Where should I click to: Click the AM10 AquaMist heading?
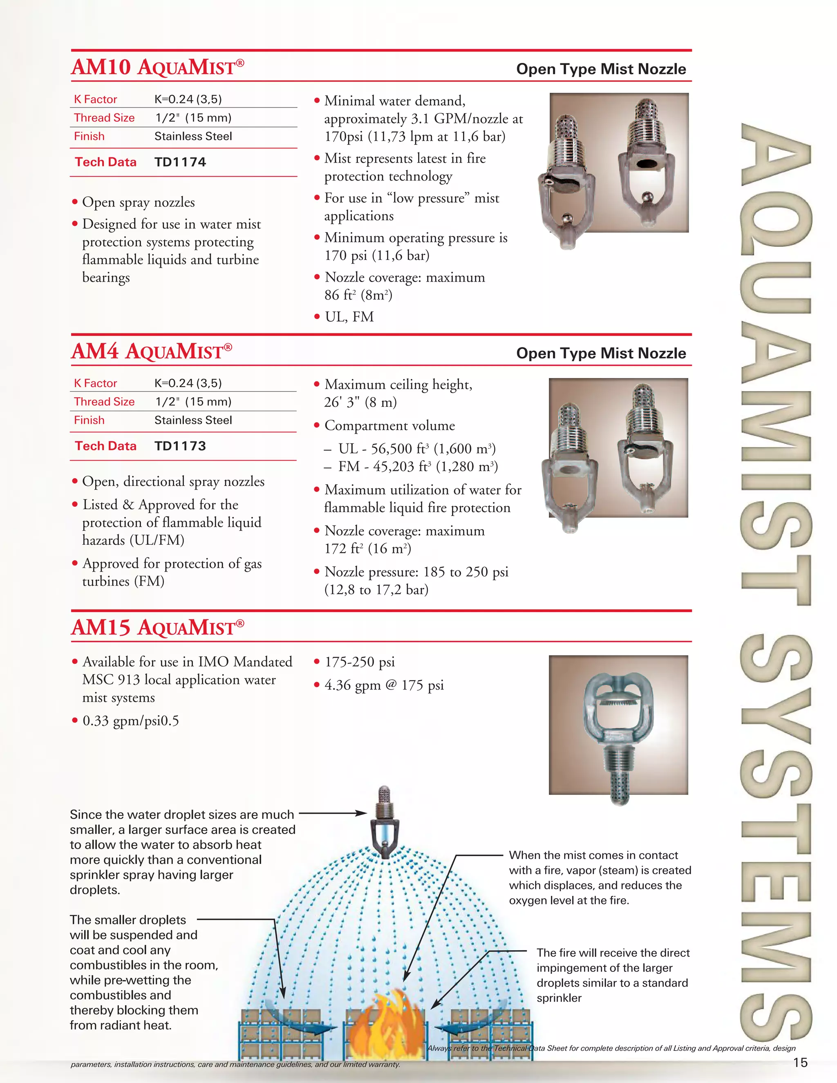(158, 67)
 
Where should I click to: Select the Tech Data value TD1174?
(180, 162)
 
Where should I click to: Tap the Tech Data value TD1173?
(180, 446)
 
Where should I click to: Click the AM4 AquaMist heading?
(151, 351)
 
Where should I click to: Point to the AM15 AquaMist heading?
(158, 627)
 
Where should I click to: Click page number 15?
(800, 1062)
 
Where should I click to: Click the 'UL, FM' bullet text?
(349, 317)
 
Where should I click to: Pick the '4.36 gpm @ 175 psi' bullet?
(384, 685)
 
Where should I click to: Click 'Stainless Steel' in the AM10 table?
(193, 136)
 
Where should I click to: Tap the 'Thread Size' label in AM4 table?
(104, 402)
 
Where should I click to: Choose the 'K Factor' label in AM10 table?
(95, 99)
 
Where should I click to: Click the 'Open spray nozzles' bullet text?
(139, 202)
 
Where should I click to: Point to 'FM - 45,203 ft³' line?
(418, 467)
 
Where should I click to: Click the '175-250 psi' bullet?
(360, 662)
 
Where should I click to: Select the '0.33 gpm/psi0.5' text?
(130, 721)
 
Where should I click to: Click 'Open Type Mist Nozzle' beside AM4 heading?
(601, 353)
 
